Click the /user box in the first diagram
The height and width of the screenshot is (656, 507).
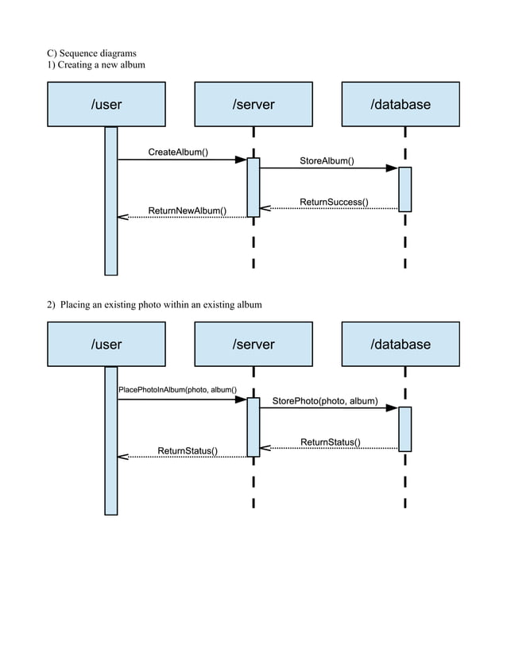point(106,104)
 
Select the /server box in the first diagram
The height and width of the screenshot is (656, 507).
point(253,104)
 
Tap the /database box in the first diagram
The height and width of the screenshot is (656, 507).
point(401,104)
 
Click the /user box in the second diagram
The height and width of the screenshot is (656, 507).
point(106,344)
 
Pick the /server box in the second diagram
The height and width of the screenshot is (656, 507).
point(253,344)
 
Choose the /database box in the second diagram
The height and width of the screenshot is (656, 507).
point(401,344)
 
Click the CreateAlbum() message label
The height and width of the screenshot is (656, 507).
point(178,152)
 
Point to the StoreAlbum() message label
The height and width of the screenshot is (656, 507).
point(327,160)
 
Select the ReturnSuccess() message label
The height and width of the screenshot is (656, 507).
point(334,202)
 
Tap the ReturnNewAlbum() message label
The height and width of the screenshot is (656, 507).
point(188,210)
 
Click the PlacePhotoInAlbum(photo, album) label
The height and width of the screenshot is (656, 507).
point(177,390)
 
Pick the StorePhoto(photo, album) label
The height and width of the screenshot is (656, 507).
point(325,401)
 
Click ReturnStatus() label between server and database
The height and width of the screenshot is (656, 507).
point(330,442)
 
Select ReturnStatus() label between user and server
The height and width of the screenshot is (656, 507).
point(188,450)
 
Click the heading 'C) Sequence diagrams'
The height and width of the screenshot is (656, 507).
point(91,53)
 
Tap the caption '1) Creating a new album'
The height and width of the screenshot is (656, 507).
point(95,64)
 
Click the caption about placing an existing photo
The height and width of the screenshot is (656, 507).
point(154,304)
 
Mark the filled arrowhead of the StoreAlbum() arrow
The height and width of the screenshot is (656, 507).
point(392,168)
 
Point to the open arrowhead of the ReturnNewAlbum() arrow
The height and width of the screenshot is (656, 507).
point(122,217)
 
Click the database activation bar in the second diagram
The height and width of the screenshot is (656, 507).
point(404,429)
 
